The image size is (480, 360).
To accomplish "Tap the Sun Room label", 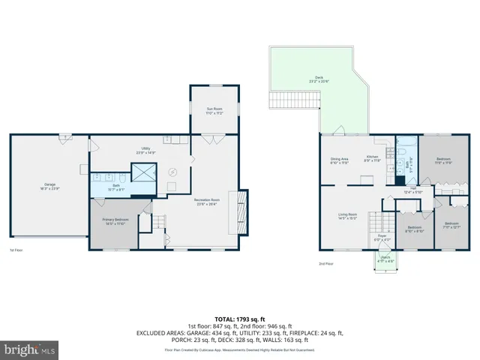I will (x=215, y=110).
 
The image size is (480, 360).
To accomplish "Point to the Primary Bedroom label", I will (x=115, y=221).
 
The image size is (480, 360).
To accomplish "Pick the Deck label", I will (x=319, y=79).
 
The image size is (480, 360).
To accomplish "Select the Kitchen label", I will (x=372, y=158).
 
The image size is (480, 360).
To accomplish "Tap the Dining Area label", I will (x=340, y=160).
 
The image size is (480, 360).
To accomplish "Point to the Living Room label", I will (x=347, y=217).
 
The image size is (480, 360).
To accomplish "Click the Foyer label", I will (x=382, y=238).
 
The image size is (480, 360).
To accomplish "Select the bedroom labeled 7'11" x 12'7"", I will (x=451, y=226).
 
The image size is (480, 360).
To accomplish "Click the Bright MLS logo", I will (x=30, y=349).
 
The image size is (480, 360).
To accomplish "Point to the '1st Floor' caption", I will (x=16, y=250).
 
